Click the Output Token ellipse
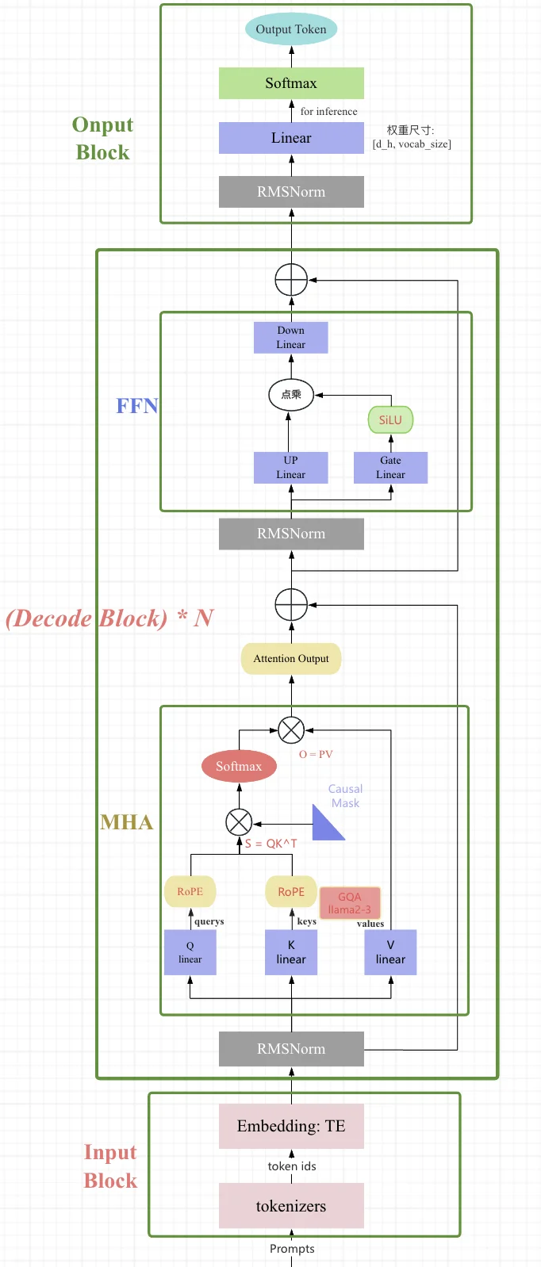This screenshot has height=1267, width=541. (x=291, y=29)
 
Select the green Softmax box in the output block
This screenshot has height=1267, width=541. (x=291, y=83)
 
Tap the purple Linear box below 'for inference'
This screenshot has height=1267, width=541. (x=291, y=138)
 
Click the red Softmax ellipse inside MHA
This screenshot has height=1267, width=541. (x=239, y=766)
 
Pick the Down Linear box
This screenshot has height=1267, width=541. (x=290, y=338)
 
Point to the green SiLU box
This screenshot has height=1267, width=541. (x=390, y=419)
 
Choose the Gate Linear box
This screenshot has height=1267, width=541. (x=390, y=468)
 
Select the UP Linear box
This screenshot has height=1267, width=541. (x=290, y=468)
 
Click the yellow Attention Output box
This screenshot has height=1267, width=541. (x=291, y=659)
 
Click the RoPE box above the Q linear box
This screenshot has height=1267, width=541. (x=190, y=891)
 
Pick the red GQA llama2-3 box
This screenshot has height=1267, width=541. (x=350, y=903)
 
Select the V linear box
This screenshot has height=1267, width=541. (x=390, y=952)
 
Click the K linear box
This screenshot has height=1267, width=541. (x=291, y=952)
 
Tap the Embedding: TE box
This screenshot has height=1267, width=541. (x=291, y=1127)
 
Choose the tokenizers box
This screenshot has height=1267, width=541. (x=291, y=1206)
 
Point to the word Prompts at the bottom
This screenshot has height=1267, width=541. (x=292, y=1249)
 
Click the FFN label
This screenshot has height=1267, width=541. (x=137, y=406)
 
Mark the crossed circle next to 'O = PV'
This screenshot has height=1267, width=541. (x=291, y=729)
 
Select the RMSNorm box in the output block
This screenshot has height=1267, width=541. (x=291, y=192)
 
